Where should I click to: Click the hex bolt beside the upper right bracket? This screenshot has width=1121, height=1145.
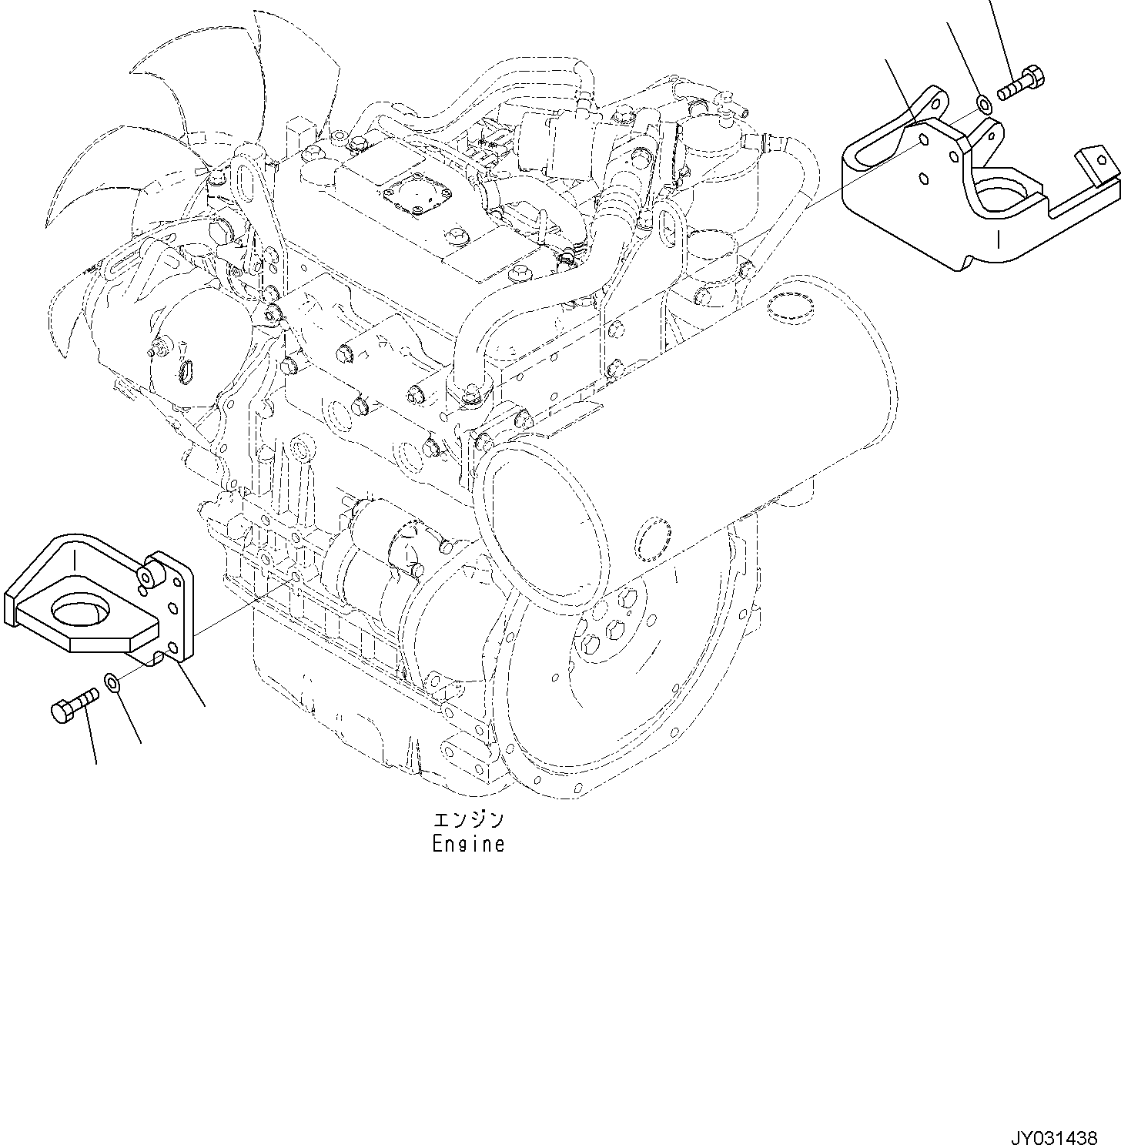(1022, 85)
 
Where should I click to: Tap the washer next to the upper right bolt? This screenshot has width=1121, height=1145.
(983, 102)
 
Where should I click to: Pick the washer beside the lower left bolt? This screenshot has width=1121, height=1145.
(112, 681)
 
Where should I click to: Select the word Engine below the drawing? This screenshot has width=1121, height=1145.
(468, 845)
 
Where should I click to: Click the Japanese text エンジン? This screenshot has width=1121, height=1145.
(468, 819)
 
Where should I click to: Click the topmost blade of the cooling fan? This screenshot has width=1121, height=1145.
(296, 62)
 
